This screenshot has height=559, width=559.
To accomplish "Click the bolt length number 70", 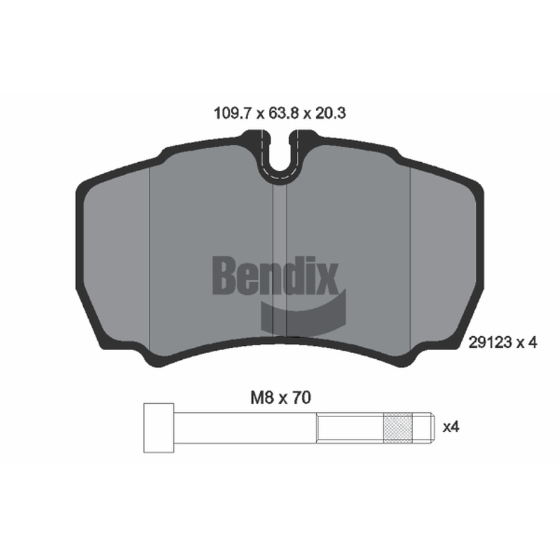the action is [302, 398].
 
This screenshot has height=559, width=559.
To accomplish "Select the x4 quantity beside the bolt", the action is [451, 427].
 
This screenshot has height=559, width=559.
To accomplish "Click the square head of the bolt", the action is [159, 428].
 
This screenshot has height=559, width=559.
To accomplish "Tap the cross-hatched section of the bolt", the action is [398, 428].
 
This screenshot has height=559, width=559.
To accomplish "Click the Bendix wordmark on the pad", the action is [275, 275].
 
